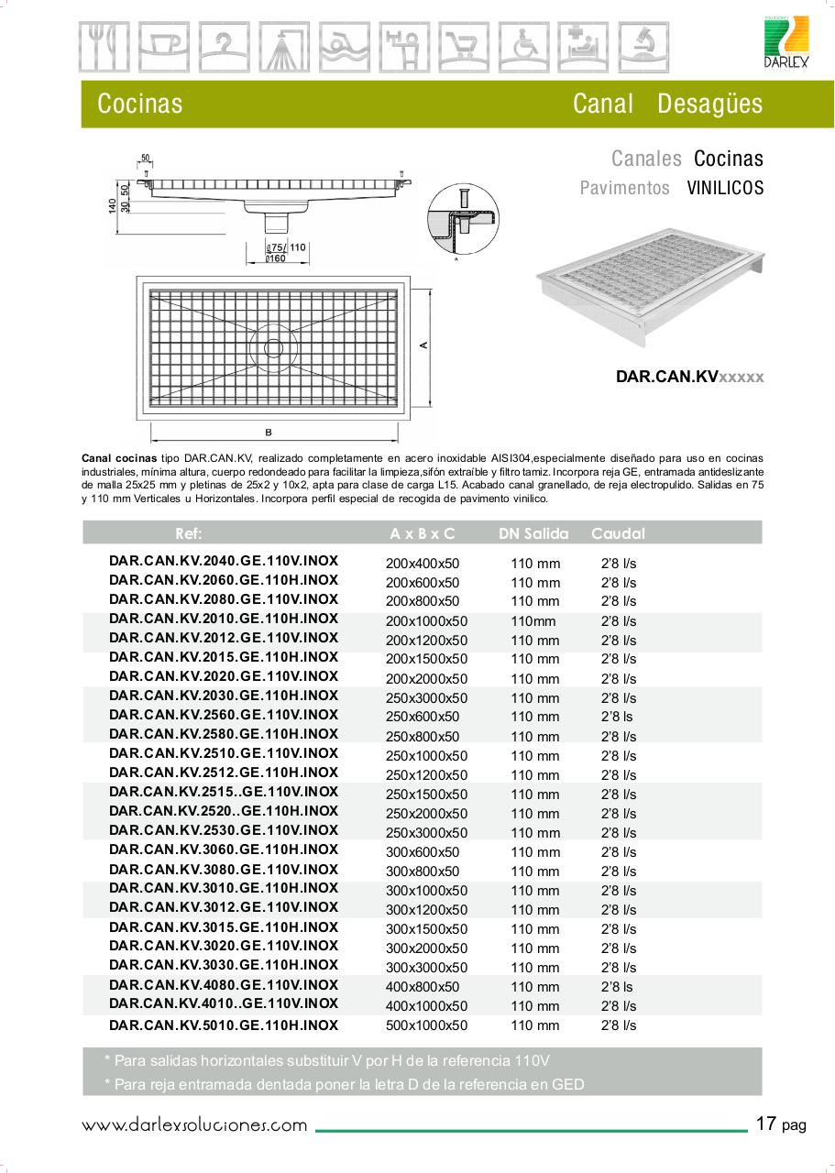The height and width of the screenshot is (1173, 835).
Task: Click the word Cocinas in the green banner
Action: pos(139,104)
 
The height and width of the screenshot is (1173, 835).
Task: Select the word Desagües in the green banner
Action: pos(709,104)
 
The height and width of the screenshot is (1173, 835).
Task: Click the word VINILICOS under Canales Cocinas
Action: pos(725,188)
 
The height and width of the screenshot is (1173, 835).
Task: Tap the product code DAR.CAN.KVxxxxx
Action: pos(689,377)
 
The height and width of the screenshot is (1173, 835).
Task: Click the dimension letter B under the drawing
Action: pos(268,431)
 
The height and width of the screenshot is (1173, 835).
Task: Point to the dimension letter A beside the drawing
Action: pos(423,345)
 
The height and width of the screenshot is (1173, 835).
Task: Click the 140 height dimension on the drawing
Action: pos(112,208)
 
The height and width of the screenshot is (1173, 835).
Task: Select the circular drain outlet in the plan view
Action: pos(273,347)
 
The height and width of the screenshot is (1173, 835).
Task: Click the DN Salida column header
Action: pos(533,533)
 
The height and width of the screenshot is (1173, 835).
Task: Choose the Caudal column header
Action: pos(618,533)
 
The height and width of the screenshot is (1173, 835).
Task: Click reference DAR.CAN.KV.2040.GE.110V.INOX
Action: pos(224,560)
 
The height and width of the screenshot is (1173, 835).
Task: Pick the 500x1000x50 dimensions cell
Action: pos(426,1026)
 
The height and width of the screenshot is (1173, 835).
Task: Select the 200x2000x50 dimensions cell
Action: pos(426,679)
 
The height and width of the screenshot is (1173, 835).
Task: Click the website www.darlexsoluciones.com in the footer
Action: pos(194,1124)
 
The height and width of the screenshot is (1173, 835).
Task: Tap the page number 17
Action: pos(767,1123)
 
